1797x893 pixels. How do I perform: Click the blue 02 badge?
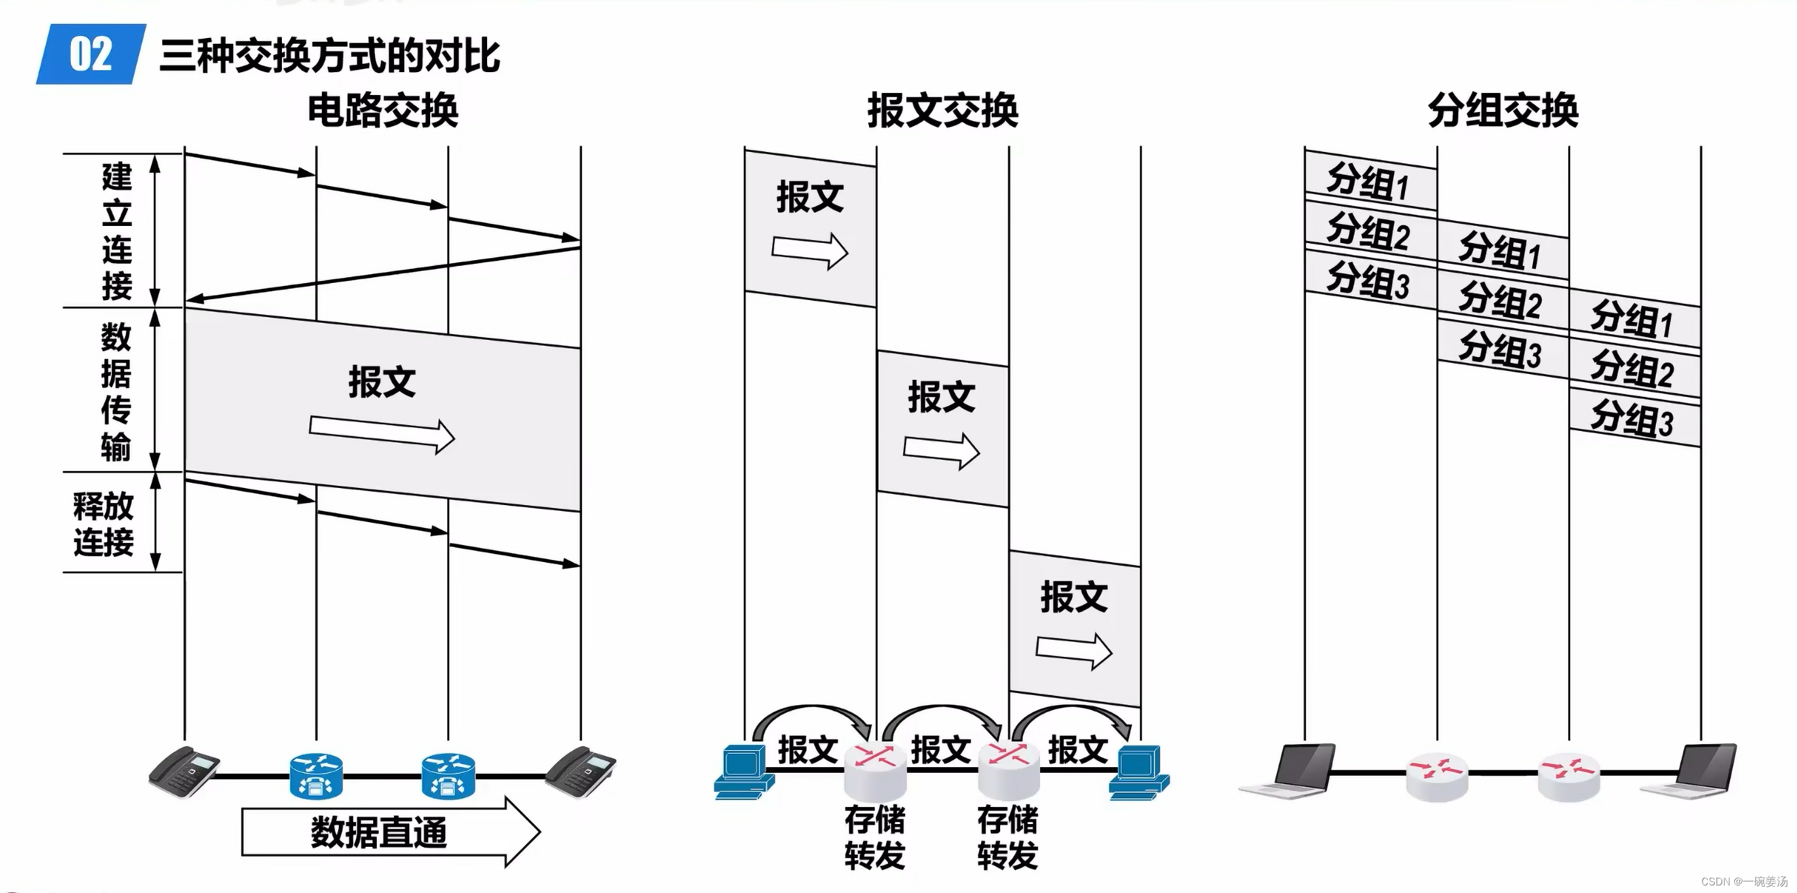91,54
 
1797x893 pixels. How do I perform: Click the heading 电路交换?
383,111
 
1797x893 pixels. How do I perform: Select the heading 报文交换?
943,111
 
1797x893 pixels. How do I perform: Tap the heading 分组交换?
1502,111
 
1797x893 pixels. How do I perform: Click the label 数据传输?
116,391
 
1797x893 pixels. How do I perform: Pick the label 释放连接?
103,523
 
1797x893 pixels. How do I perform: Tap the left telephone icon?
184,771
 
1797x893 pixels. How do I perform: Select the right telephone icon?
580,771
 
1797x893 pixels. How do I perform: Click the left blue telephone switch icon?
316,775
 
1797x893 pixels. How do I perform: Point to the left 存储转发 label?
875,837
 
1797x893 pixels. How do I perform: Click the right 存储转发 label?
1007,837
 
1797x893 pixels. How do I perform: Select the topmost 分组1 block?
1369,180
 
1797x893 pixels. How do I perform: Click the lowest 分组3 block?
1633,418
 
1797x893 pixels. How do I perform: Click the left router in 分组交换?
1437,776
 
